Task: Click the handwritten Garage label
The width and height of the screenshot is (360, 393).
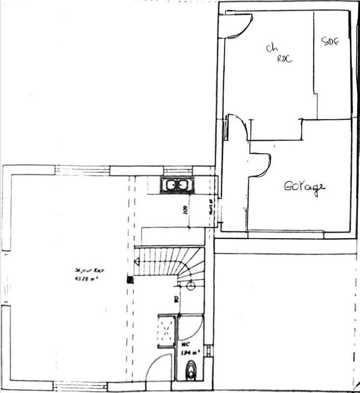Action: point(305,187)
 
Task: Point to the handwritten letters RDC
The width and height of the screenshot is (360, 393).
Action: point(285,58)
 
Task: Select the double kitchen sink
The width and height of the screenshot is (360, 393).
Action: point(178,185)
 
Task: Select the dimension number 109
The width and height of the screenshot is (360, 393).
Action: point(185,209)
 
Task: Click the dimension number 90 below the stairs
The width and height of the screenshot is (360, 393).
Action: point(176,298)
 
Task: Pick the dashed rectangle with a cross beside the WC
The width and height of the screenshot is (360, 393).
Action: point(166,331)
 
